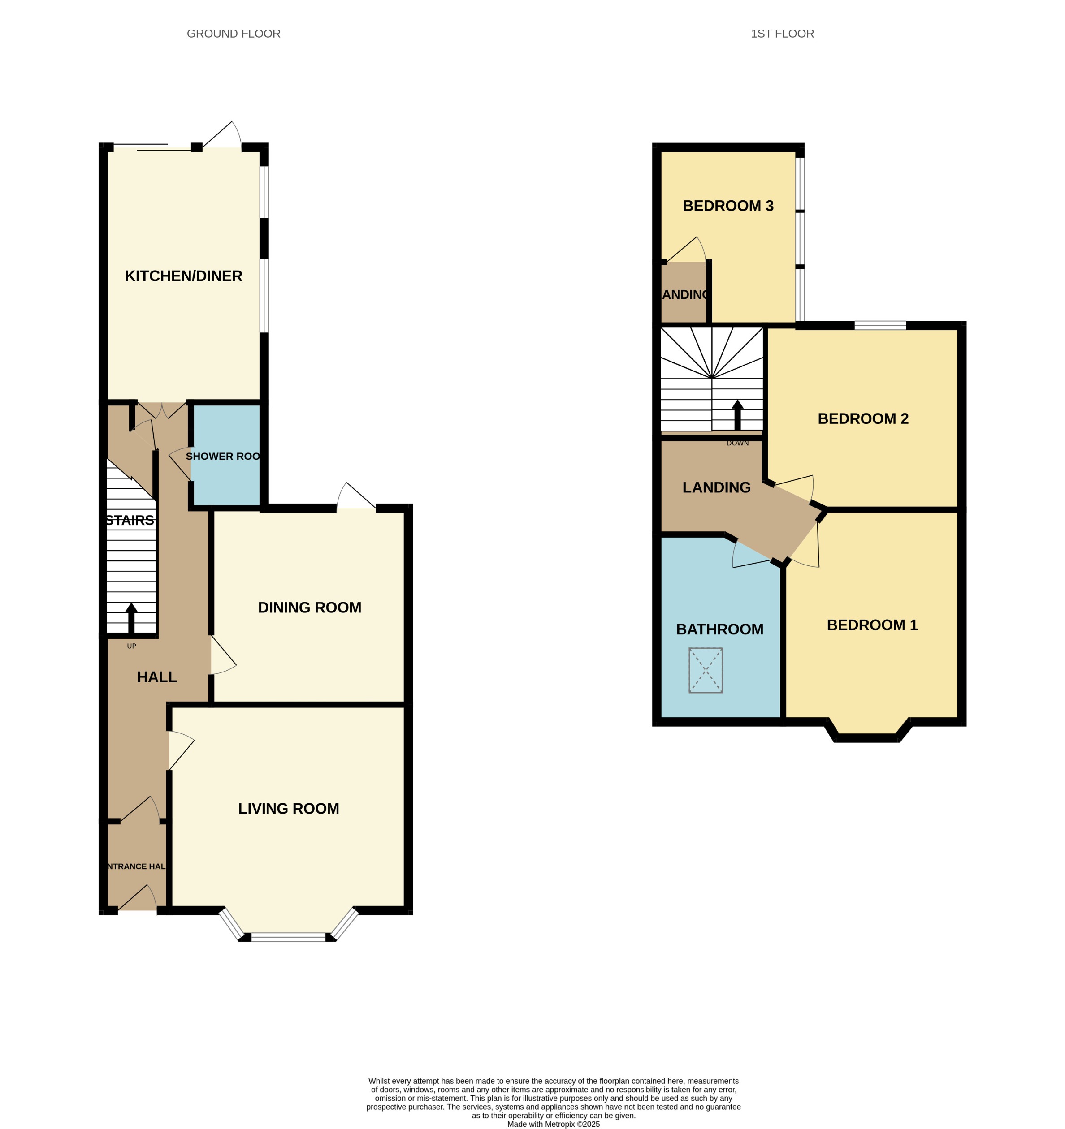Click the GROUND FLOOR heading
234,34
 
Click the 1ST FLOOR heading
782,34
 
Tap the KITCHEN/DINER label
184,276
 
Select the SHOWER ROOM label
223,456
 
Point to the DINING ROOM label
310,608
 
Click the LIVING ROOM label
289,809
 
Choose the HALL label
157,677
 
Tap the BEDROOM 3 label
728,206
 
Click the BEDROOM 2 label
863,419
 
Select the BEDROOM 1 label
872,625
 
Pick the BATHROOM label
719,629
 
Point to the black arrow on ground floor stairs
131,618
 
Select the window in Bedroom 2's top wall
880,325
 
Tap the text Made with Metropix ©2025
554,1124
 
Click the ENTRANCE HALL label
136,866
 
